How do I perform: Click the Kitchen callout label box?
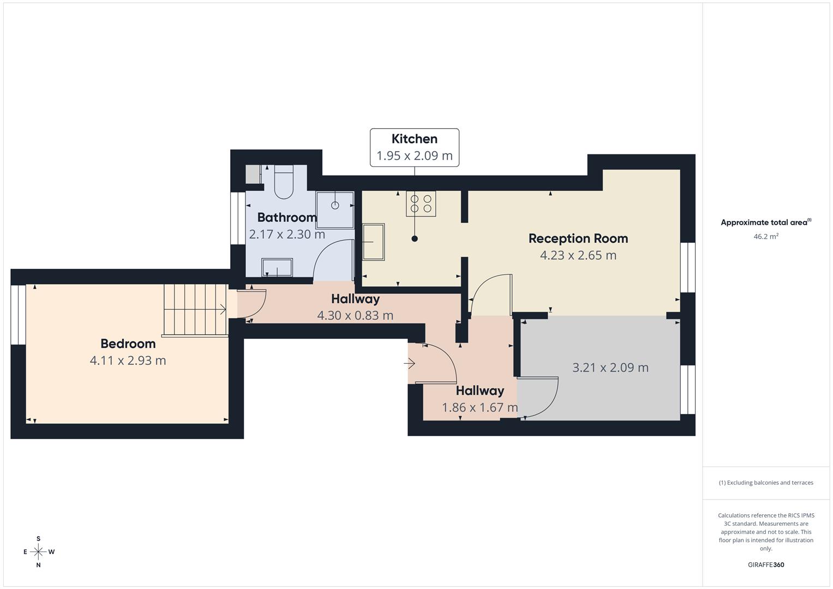coord(415,147)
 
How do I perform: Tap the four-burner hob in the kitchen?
coord(421,203)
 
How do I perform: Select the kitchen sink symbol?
coord(374,242)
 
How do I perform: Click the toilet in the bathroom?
coord(284,183)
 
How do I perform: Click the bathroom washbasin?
coord(277,267)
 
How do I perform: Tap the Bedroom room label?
coord(128,344)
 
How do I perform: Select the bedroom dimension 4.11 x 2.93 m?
coord(128,360)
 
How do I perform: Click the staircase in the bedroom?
coord(195,309)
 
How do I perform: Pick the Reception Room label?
coord(578,238)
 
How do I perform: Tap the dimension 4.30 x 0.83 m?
coord(355,315)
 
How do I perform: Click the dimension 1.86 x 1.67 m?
coord(480,407)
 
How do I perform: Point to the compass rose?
coord(38,552)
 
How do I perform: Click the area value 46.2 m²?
coord(766,237)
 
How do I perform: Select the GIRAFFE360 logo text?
coord(766,565)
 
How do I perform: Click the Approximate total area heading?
coord(766,223)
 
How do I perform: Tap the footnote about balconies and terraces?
coord(766,483)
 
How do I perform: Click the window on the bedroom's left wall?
coord(19,315)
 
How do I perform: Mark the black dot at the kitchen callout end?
coord(415,238)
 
